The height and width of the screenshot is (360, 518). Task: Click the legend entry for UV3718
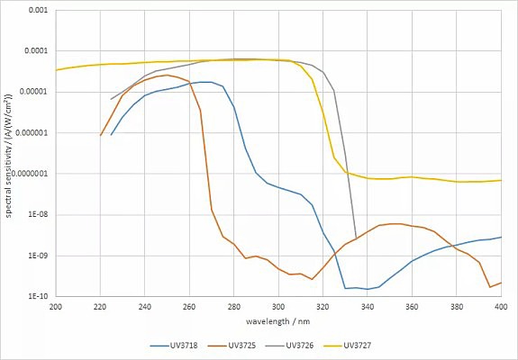[174, 346]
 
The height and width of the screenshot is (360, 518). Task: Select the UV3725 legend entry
[232, 346]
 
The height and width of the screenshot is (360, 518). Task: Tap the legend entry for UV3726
[290, 346]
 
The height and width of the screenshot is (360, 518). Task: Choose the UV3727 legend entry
[348, 346]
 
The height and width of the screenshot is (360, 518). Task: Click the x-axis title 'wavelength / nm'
[277, 321]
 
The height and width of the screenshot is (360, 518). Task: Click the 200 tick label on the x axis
[56, 307]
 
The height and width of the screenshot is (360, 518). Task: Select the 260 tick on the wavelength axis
[189, 307]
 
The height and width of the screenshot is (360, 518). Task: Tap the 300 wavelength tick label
[278, 307]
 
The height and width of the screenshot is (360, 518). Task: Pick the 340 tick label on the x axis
[368, 307]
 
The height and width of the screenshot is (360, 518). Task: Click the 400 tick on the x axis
[501, 307]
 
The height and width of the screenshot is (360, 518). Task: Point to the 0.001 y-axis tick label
[38, 10]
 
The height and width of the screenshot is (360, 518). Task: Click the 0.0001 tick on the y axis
[36, 51]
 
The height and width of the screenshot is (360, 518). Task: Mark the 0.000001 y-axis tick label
[32, 133]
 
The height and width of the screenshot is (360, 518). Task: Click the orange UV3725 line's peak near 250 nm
[168, 76]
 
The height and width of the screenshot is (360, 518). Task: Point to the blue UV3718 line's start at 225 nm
[111, 135]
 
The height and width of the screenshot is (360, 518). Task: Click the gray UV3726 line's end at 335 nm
[356, 238]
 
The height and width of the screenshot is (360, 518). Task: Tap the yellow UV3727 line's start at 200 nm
[56, 70]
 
